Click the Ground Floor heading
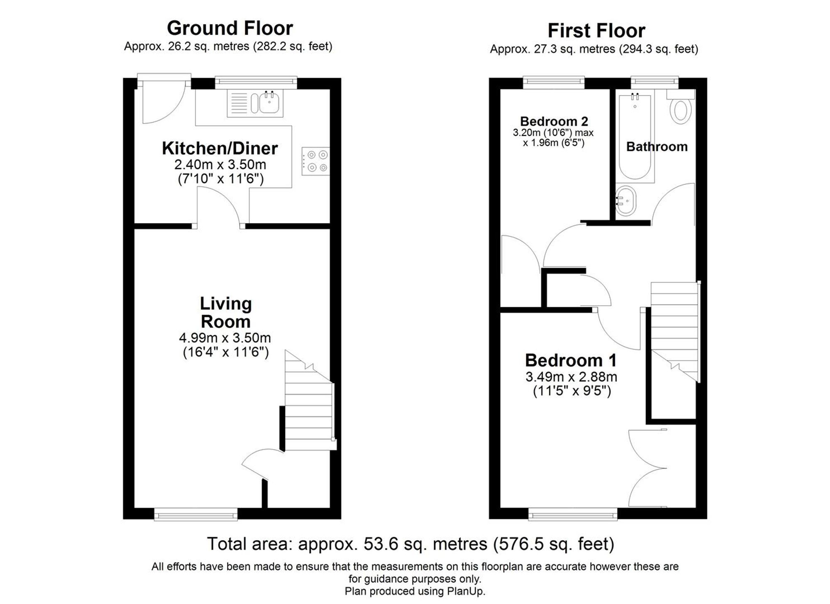click(x=229, y=28)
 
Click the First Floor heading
click(x=596, y=31)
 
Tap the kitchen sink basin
click(x=269, y=103)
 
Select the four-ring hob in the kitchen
click(x=315, y=161)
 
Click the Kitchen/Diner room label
click(x=220, y=148)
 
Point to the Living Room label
click(x=225, y=312)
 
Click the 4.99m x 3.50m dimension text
click(x=225, y=337)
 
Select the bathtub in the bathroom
click(x=635, y=137)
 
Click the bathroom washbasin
click(x=625, y=201)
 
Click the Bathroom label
click(x=657, y=147)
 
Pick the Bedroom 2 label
click(x=554, y=121)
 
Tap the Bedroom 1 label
click(x=571, y=360)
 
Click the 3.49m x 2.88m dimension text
click(x=571, y=377)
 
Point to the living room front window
click(x=195, y=514)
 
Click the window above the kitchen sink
click(x=256, y=82)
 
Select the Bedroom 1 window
click(x=573, y=514)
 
